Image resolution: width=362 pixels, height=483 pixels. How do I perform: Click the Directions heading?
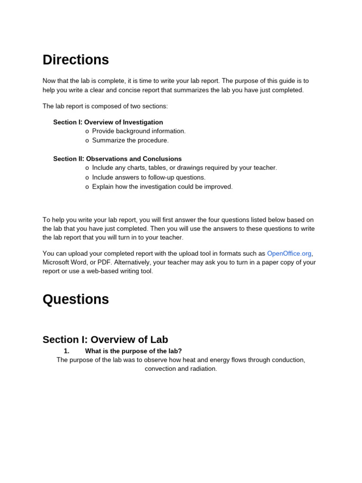(75, 60)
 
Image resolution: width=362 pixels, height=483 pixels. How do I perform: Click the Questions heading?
(75, 300)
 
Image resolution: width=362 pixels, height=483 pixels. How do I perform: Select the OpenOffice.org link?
(289, 253)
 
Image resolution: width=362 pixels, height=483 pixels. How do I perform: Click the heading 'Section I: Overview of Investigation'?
(108, 122)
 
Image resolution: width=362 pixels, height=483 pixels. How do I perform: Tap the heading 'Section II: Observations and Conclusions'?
(117, 159)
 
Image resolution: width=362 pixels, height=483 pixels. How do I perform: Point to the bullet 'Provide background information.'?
(139, 131)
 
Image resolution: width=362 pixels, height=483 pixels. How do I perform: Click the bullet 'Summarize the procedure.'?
(130, 141)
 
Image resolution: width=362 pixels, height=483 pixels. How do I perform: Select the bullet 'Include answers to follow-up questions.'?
(148, 177)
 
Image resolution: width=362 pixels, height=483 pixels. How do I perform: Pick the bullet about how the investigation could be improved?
(162, 187)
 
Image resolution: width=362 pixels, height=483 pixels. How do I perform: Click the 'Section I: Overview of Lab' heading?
(105, 340)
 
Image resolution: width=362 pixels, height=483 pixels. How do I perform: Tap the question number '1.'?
(66, 351)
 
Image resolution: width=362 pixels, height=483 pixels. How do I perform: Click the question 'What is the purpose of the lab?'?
(133, 351)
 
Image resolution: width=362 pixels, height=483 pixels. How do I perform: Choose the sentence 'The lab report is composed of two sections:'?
(105, 106)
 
